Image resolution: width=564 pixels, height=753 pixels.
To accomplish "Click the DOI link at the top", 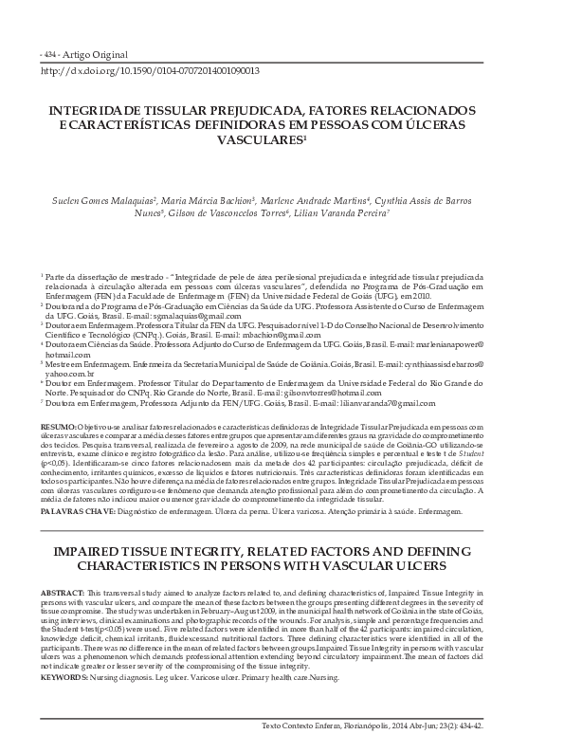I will click(x=152, y=71).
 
